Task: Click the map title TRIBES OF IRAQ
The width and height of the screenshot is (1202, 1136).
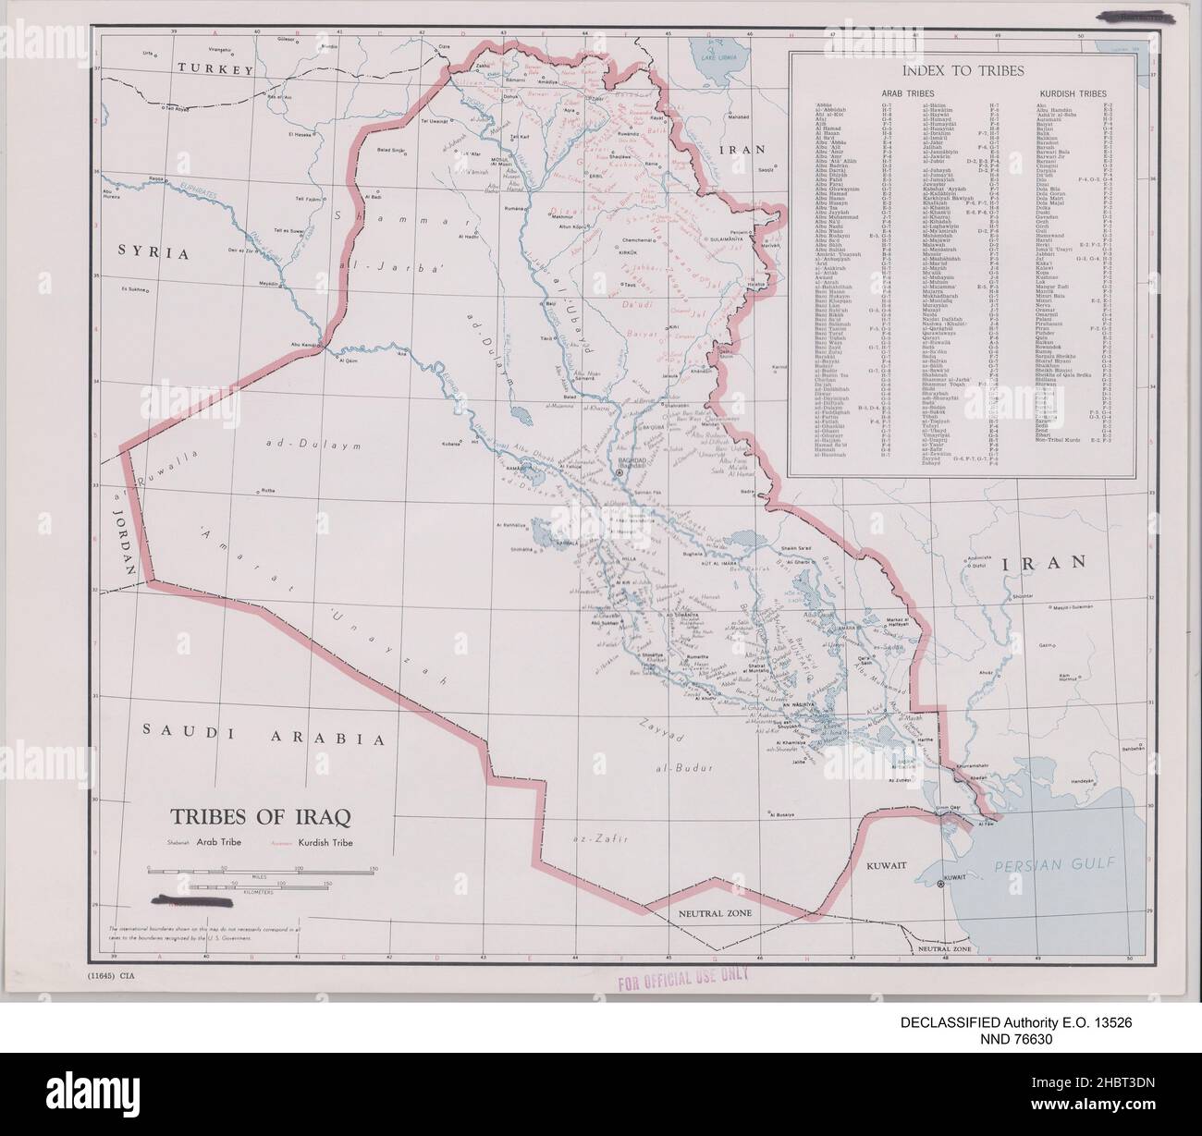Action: (260, 818)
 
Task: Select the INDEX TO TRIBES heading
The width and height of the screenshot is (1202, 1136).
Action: (961, 70)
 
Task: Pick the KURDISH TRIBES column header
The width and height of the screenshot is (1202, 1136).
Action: (1073, 93)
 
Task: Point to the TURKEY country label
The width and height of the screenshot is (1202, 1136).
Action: (215, 70)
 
